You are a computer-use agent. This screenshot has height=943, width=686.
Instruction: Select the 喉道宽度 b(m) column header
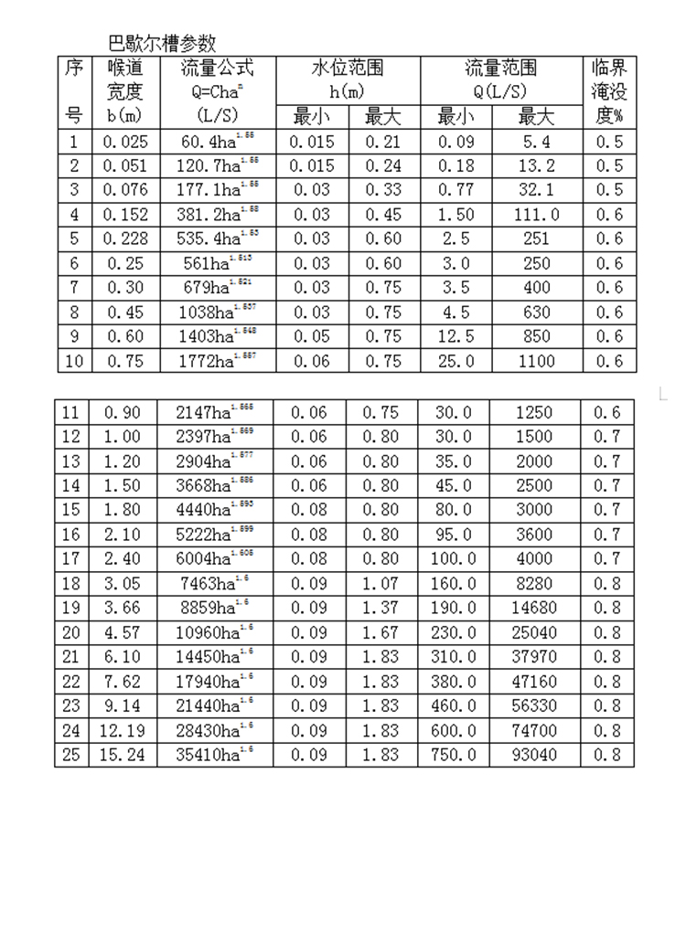pyautogui.click(x=124, y=91)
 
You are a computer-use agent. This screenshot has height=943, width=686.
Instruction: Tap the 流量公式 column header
pyautogui.click(x=217, y=91)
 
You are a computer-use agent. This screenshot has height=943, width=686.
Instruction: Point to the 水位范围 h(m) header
pyautogui.click(x=347, y=80)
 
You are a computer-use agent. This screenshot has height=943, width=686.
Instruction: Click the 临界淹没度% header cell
pyautogui.click(x=609, y=91)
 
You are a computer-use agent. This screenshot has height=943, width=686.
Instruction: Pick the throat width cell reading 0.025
pyautogui.click(x=124, y=142)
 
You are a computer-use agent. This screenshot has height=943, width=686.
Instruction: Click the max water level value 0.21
pyautogui.click(x=382, y=142)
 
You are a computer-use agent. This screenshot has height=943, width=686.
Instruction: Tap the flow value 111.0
pyautogui.click(x=537, y=215)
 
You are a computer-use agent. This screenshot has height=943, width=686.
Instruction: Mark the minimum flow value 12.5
pyautogui.click(x=456, y=336)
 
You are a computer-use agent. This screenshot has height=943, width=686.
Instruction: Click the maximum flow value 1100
pyautogui.click(x=537, y=361)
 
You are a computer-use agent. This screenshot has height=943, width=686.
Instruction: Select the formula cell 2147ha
pyautogui.click(x=215, y=413)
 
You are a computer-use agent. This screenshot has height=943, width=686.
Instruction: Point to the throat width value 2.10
pyautogui.click(x=124, y=535)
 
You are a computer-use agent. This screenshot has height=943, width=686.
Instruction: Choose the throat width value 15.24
pyautogui.click(x=124, y=756)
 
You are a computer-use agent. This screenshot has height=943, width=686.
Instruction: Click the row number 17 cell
pyautogui.click(x=71, y=559)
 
